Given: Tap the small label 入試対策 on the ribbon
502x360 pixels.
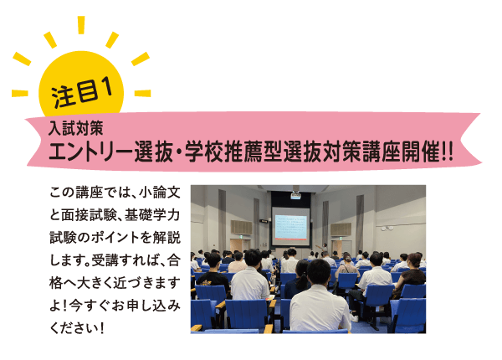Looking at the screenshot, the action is click(x=76, y=128).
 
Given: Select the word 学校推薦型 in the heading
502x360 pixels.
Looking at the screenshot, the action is click(x=233, y=151).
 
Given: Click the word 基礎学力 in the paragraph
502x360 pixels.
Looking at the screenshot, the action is click(x=152, y=215).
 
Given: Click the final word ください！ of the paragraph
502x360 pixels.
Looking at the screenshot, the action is click(x=77, y=328).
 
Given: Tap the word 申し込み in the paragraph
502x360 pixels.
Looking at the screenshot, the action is click(x=154, y=306).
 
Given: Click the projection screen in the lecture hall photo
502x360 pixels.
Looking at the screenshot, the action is click(x=290, y=227).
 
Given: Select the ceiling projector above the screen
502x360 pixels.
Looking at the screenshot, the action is click(x=295, y=194).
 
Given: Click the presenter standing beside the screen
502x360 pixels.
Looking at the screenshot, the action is click(x=324, y=249).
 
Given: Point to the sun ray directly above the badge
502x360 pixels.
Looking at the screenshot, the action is click(x=81, y=25).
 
